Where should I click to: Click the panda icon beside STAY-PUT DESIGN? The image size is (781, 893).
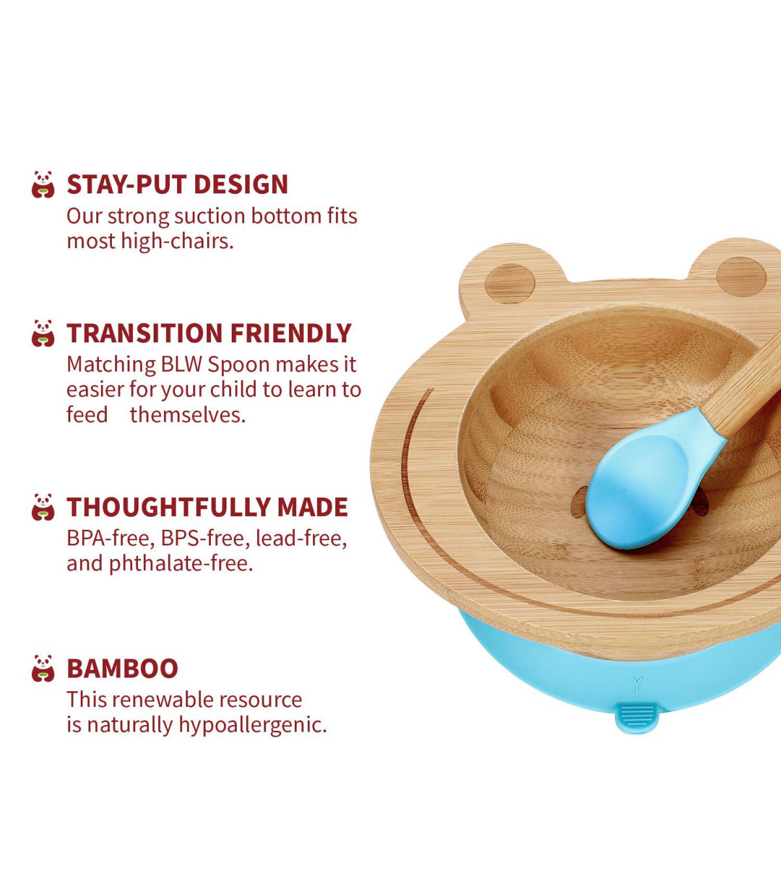tap(43, 184)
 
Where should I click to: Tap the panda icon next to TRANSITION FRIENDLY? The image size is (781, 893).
tap(43, 333)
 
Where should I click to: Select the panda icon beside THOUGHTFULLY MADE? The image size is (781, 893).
tap(43, 507)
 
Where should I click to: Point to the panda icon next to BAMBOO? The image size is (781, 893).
tap(43, 668)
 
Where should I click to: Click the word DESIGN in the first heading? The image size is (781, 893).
tap(241, 184)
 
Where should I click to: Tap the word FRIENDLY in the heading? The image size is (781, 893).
tap(290, 333)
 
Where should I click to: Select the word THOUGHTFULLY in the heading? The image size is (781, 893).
tap(169, 507)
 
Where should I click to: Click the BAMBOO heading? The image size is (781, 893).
tap(122, 668)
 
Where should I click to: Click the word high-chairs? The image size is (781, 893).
tap(177, 241)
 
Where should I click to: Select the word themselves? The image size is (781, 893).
tap(187, 415)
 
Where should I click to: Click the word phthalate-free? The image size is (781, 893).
tap(181, 564)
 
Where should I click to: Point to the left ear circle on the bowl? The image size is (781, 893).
tap(510, 283)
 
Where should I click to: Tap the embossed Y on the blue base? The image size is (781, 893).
tap(637, 684)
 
